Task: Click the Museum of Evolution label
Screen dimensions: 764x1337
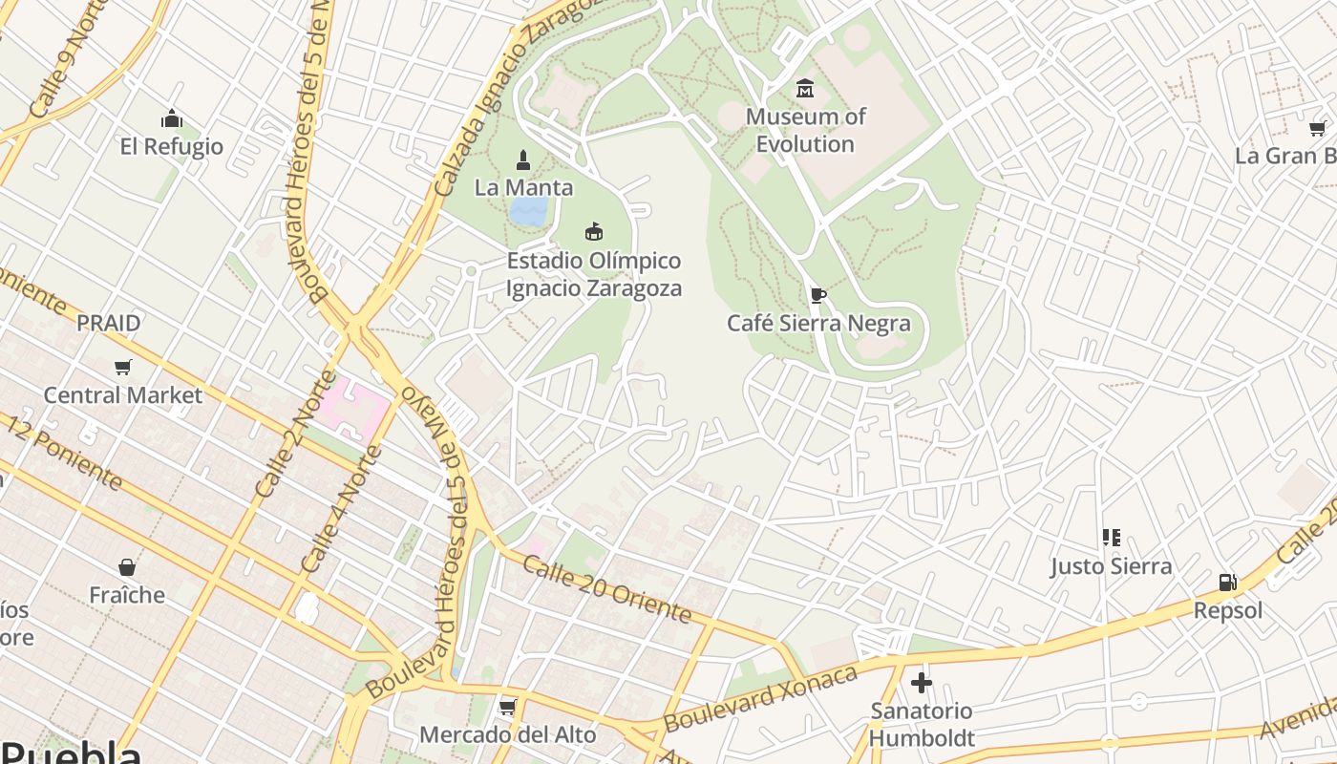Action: (x=805, y=130)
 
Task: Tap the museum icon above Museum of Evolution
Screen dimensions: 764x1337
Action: (x=805, y=89)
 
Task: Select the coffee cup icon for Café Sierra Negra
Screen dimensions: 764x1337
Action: (x=817, y=295)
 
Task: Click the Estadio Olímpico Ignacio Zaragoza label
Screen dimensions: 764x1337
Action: (x=593, y=274)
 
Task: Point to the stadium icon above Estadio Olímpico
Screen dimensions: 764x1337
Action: (x=594, y=231)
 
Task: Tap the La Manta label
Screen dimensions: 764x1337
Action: (x=523, y=187)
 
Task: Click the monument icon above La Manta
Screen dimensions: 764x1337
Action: (x=522, y=159)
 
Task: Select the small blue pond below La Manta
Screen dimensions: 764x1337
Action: (x=528, y=211)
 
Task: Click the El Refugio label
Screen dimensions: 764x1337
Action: (x=172, y=146)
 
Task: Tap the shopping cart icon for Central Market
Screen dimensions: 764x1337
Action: (x=122, y=367)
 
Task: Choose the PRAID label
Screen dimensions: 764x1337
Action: (x=109, y=323)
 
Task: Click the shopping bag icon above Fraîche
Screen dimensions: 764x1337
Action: (x=126, y=567)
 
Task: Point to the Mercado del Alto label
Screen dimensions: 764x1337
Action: (x=508, y=734)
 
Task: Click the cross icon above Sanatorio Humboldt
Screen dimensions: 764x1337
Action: (x=921, y=683)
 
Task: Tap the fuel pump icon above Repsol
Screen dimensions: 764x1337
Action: (x=1227, y=582)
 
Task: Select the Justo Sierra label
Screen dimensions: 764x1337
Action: (x=1111, y=566)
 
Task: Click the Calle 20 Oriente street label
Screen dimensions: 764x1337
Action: (x=606, y=590)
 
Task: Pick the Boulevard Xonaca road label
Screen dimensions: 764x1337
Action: (x=761, y=699)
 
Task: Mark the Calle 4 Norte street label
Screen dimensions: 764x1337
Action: (x=340, y=510)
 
